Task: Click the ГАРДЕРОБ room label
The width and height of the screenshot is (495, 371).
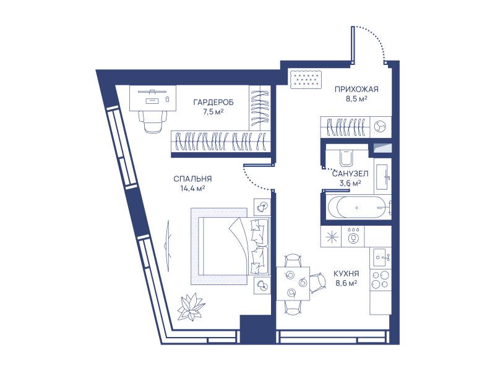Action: (x=213, y=103)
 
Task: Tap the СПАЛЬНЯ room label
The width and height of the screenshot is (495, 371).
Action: (x=192, y=179)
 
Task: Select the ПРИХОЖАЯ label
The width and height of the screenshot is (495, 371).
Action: (x=356, y=90)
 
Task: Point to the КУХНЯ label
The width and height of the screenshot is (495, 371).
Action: (x=346, y=273)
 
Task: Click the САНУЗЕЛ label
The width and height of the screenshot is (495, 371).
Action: (x=350, y=174)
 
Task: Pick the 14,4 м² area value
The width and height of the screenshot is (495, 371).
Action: (x=192, y=189)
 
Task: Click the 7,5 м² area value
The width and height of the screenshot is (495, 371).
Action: (x=213, y=112)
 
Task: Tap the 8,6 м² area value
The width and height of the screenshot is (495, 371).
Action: (x=346, y=283)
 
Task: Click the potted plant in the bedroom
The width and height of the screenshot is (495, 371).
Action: (x=191, y=306)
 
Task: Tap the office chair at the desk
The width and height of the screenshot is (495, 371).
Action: (x=153, y=121)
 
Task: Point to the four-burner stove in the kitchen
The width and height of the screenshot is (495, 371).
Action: (x=381, y=279)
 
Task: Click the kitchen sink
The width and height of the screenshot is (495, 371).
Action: (x=381, y=257)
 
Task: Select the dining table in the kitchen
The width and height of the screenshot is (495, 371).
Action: (x=293, y=284)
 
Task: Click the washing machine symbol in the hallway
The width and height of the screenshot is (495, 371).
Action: (x=380, y=127)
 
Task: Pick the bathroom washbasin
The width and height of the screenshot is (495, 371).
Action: (x=382, y=176)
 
